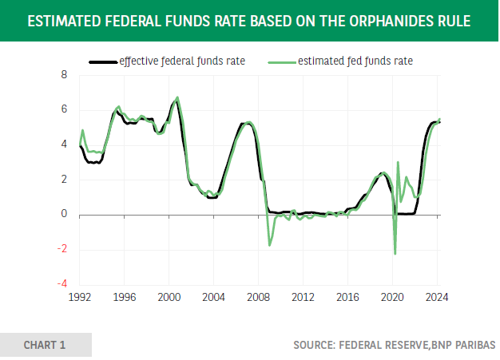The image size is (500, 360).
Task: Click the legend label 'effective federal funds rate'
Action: click(x=181, y=60)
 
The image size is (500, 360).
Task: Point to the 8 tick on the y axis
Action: click(x=63, y=75)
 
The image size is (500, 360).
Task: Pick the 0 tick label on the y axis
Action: click(x=63, y=215)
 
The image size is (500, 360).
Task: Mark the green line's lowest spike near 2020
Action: click(x=395, y=254)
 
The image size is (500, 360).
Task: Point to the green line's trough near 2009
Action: click(x=269, y=244)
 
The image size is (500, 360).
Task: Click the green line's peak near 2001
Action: click(x=177, y=97)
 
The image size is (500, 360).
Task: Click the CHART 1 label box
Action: click(x=46, y=345)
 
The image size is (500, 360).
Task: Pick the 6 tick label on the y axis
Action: click(x=63, y=110)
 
